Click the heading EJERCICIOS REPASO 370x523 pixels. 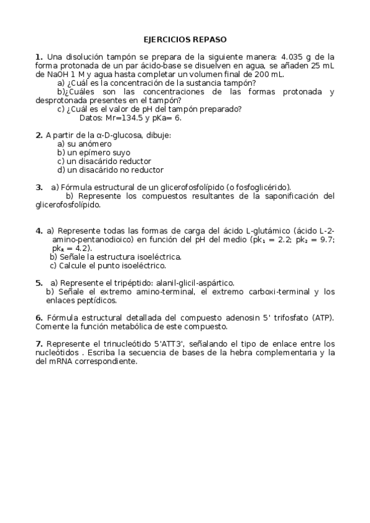(x=185, y=39)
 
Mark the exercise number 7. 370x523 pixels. (x=39, y=343)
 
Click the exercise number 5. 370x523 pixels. (x=39, y=282)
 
